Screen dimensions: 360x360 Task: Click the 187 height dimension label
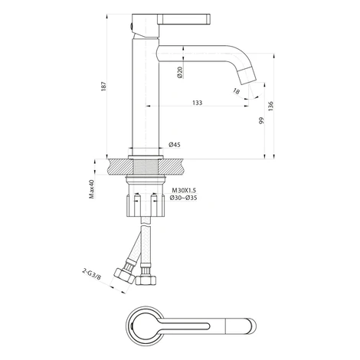103,87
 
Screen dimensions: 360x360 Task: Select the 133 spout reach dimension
197,103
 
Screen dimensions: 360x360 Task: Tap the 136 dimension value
270,106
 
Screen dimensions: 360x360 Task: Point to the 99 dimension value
261,120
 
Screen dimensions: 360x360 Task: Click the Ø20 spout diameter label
180,72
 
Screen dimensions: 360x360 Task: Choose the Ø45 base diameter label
175,145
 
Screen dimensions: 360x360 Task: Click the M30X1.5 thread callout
184,190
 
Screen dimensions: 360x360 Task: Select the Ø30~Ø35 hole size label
183,198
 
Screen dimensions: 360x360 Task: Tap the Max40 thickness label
91,189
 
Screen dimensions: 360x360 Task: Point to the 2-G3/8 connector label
91,275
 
